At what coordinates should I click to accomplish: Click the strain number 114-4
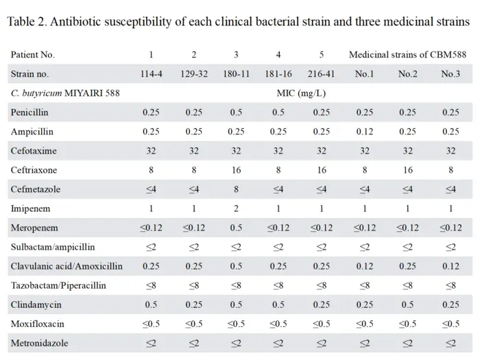[x=152, y=74]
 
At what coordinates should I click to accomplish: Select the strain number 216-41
[x=321, y=74]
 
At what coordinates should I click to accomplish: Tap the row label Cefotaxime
[x=34, y=151]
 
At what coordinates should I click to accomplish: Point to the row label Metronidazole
[x=40, y=343]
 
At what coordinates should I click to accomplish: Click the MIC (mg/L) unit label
[x=301, y=93]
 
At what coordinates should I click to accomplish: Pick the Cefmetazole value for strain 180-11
[x=236, y=189]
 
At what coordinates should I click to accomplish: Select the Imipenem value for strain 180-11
[x=236, y=208]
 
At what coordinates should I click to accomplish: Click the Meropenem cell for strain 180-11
[x=236, y=228]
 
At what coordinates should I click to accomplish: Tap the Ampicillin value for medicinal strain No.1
[x=365, y=132]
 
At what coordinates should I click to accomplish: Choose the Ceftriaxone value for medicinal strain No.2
[x=408, y=170]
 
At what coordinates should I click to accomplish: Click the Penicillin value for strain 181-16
[x=278, y=112]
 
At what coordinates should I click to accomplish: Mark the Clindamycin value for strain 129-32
[x=194, y=304]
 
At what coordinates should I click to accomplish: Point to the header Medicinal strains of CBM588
[x=407, y=54]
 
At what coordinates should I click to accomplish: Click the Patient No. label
[x=33, y=54]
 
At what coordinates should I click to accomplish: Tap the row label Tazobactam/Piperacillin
[x=58, y=285]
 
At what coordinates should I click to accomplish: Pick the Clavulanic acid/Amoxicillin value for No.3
[x=451, y=266]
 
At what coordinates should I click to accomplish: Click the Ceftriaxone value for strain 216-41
[x=322, y=170]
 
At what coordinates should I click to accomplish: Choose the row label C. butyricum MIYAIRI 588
[x=65, y=93]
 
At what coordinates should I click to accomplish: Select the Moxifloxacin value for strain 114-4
[x=152, y=324]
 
